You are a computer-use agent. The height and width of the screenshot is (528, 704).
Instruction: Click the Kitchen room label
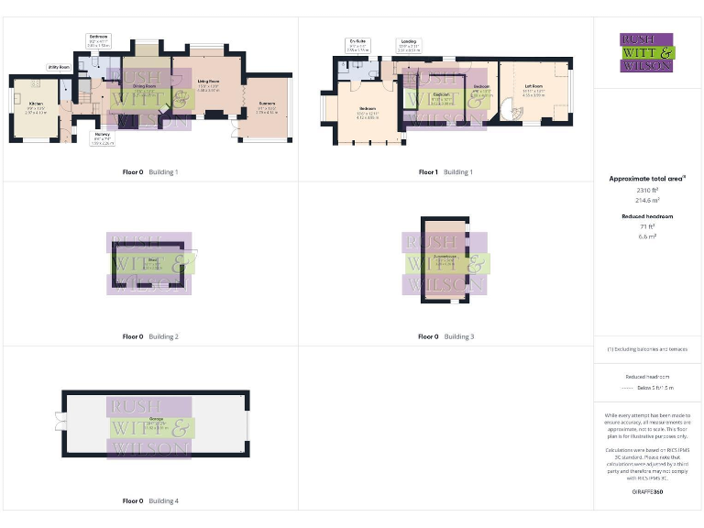36,106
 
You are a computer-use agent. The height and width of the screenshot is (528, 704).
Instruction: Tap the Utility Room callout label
60,67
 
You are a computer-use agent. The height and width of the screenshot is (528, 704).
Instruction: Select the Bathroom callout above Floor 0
98,38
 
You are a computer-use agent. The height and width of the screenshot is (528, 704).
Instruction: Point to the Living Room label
208,82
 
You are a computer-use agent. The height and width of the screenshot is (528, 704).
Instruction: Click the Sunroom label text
267,105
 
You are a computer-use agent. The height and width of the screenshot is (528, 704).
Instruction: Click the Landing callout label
408,42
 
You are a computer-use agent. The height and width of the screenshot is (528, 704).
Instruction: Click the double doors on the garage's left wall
59,420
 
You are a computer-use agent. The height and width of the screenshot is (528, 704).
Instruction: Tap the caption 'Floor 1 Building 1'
445,172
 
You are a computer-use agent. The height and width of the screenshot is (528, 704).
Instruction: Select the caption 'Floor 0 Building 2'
150,336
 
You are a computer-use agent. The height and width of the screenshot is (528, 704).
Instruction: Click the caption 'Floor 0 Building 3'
445,336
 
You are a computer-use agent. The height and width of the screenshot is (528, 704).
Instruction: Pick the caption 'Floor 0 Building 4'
150,501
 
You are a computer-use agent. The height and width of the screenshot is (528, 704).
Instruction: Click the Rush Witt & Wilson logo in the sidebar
646,52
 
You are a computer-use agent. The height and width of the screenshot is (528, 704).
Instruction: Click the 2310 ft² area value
648,189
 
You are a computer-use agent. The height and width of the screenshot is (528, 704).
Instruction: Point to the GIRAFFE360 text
648,492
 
